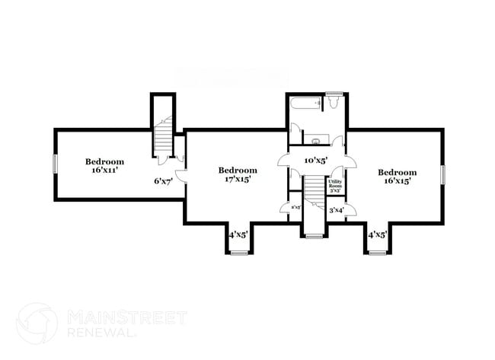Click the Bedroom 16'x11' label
click(x=104, y=166)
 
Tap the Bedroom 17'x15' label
click(x=238, y=174)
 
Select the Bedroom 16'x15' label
click(x=398, y=177)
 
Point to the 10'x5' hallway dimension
click(x=315, y=161)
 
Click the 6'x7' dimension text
click(x=163, y=181)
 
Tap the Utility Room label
click(x=335, y=185)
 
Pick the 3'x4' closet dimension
click(x=337, y=209)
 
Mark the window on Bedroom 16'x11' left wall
click(x=54, y=164)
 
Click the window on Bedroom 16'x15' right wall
click(x=442, y=174)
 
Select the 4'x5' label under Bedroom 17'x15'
click(x=238, y=235)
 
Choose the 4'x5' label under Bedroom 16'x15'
click(x=378, y=235)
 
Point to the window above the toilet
click(x=333, y=94)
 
